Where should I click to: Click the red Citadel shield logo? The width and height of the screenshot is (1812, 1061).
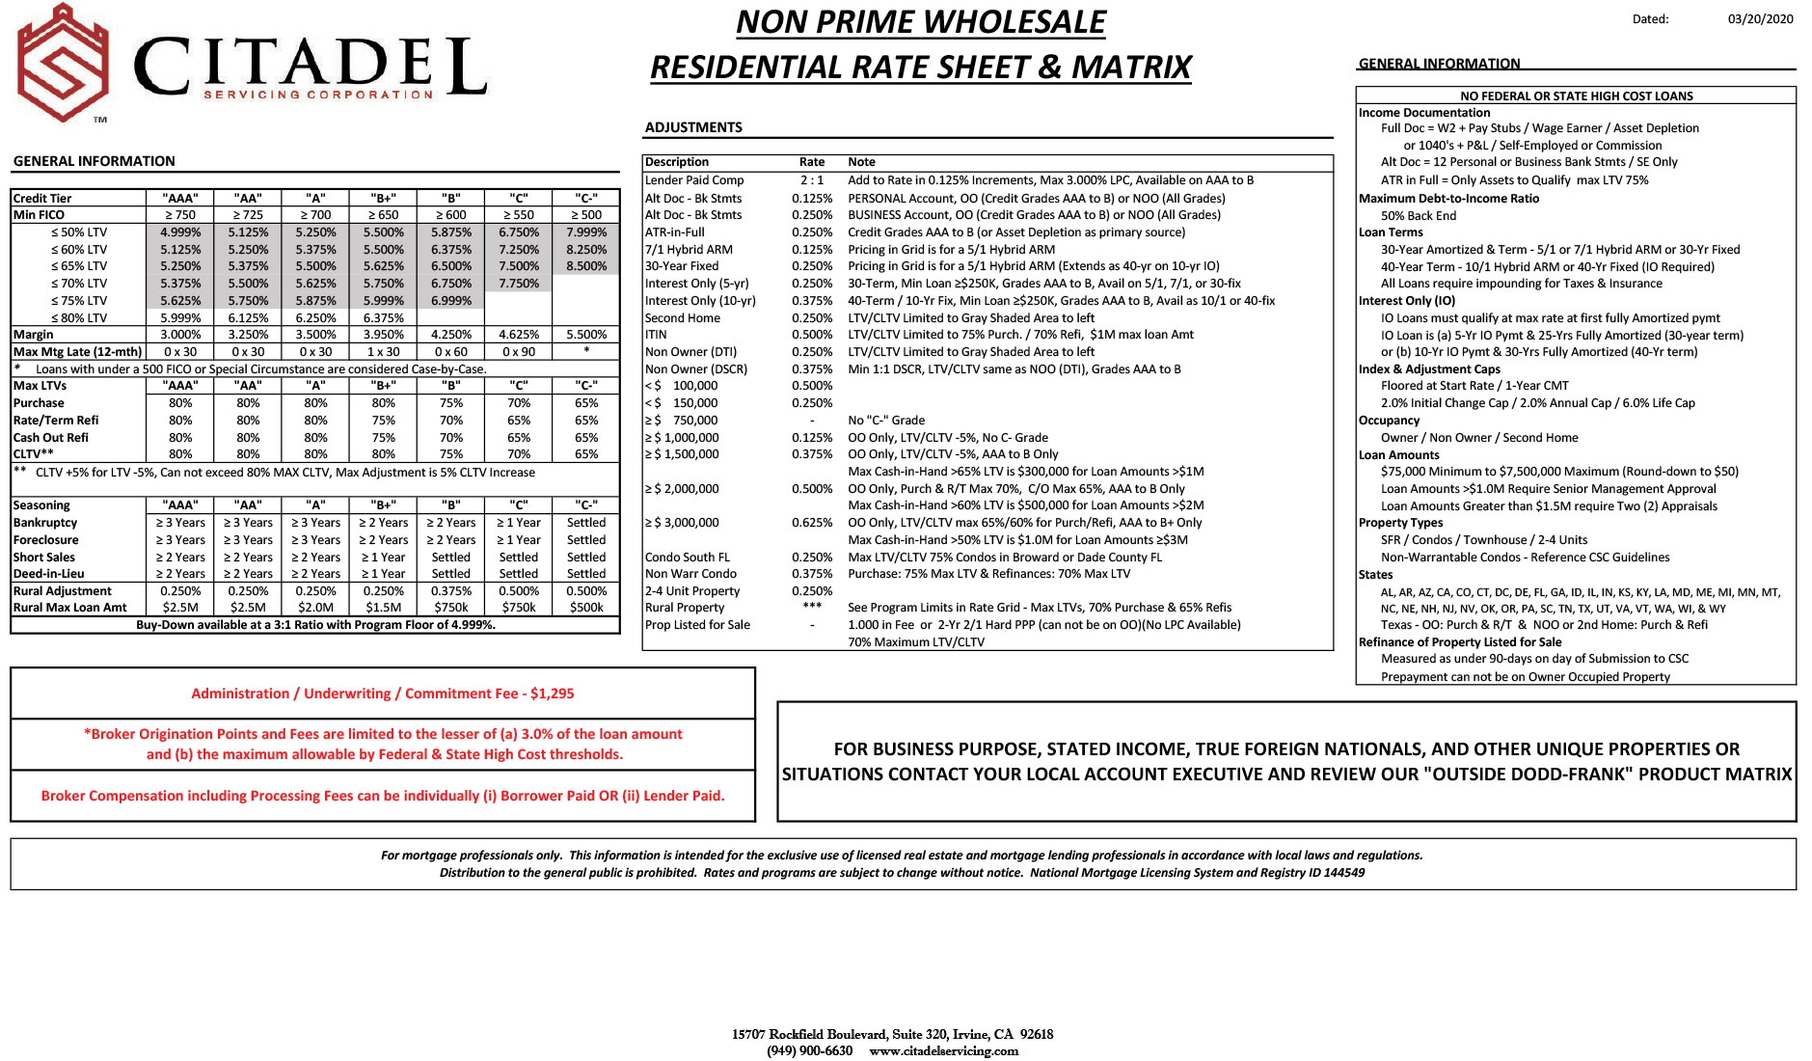pyautogui.click(x=64, y=63)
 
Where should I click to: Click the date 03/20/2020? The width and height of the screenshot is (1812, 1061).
pyautogui.click(x=1760, y=19)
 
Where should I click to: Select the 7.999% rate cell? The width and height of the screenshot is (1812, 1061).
pyautogui.click(x=586, y=232)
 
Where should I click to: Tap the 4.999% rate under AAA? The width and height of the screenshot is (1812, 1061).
pyautogui.click(x=180, y=232)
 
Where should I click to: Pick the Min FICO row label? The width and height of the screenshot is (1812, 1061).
pyautogui.click(x=40, y=215)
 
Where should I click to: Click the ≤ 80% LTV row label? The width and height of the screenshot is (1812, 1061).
pyautogui.click(x=79, y=318)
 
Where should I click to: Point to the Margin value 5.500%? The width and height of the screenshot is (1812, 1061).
pyautogui.click(x=586, y=335)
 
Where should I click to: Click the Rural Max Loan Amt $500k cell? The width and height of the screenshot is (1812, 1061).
pyautogui.click(x=586, y=608)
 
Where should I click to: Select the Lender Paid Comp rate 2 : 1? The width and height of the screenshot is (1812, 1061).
pyautogui.click(x=812, y=180)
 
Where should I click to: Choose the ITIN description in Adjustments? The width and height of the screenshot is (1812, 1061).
pyautogui.click(x=656, y=335)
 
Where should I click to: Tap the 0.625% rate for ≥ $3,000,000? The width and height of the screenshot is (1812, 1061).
pyautogui.click(x=812, y=523)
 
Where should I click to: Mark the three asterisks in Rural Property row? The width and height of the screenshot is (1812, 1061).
pyautogui.click(x=812, y=607)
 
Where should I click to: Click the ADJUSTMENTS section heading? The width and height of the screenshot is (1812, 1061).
pyautogui.click(x=693, y=127)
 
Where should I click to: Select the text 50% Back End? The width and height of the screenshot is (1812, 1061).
pyautogui.click(x=1419, y=216)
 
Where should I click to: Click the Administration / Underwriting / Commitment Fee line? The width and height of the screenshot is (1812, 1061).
pyautogui.click(x=382, y=694)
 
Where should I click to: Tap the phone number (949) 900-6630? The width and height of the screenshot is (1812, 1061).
pyautogui.click(x=809, y=1050)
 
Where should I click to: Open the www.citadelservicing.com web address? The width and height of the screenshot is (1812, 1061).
pyautogui.click(x=943, y=1050)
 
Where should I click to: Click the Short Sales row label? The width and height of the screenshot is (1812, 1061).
pyautogui.click(x=44, y=558)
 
